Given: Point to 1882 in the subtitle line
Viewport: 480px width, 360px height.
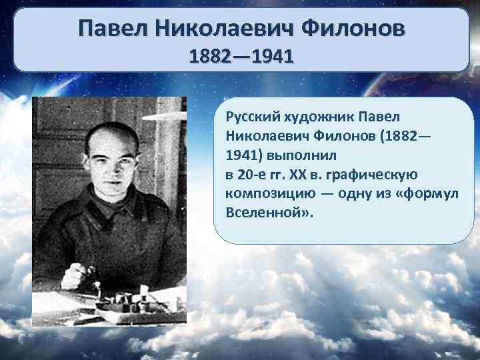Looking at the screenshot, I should (211, 55).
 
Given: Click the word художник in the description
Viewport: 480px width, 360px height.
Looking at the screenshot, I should (314, 117).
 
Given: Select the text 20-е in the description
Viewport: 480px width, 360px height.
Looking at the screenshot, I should (252, 175).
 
